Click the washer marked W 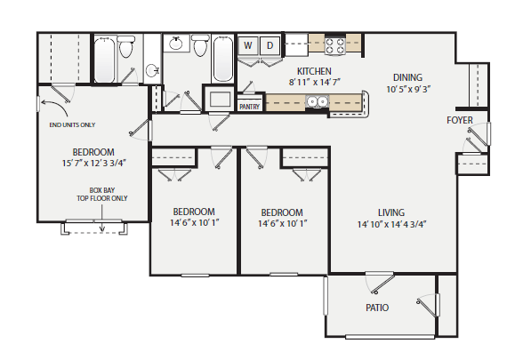(248, 44)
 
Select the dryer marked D (270, 44)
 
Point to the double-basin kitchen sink (316, 102)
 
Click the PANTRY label (250, 107)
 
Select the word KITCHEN (314, 70)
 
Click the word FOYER (460, 120)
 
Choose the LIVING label (390, 212)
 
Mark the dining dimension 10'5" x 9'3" (409, 89)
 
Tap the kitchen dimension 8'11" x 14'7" (315, 81)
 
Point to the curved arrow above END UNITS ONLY (41, 105)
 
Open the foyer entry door (481, 133)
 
